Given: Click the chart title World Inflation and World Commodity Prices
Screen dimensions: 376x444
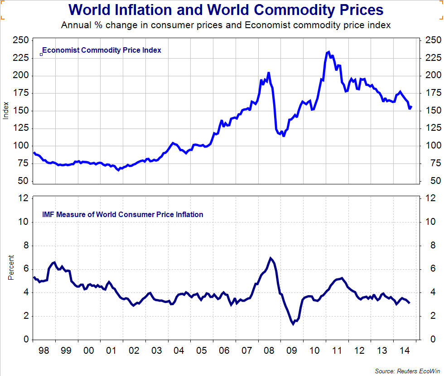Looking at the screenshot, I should (226, 10).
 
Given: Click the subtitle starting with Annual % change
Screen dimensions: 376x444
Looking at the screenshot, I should (226, 25).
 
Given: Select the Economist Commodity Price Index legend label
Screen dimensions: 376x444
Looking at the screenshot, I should (101, 50).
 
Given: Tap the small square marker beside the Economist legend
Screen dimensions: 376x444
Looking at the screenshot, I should (41, 54).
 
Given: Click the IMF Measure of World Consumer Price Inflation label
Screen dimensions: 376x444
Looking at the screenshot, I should (122, 214).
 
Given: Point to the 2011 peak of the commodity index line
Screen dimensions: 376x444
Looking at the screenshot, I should (328, 52).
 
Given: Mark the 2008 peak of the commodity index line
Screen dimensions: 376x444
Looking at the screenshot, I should (269, 73).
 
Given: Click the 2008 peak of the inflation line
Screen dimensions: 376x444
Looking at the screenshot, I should (271, 258).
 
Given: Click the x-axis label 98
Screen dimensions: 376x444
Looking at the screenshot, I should (43, 351).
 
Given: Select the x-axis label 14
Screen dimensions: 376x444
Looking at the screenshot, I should (404, 351).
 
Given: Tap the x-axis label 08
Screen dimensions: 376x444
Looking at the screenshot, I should (269, 351).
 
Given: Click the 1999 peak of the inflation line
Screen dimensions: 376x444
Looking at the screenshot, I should (54, 262).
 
